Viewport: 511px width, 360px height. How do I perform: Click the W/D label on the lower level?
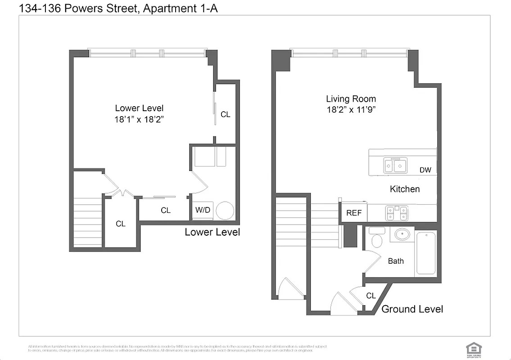click(x=203, y=210)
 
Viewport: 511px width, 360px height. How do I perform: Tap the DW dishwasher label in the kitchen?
click(x=425, y=170)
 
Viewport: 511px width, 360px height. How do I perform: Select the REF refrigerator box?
click(x=354, y=213)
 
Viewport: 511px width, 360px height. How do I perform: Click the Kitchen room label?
click(x=404, y=189)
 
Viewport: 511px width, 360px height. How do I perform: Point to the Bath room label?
click(x=396, y=261)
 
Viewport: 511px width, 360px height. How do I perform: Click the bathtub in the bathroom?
click(x=426, y=252)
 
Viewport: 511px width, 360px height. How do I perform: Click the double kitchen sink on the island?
click(x=395, y=165)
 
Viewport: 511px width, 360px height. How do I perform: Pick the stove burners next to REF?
click(x=397, y=213)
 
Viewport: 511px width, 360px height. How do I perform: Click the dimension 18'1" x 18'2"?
click(x=139, y=120)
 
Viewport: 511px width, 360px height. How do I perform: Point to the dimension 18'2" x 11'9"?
click(x=351, y=110)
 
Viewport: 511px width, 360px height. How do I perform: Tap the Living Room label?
click(x=351, y=99)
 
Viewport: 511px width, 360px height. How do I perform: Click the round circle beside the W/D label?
click(x=225, y=210)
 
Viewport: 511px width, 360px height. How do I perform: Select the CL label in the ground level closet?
click(x=371, y=296)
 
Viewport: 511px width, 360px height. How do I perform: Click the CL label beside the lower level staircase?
click(x=121, y=224)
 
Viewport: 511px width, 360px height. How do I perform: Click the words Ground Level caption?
click(x=412, y=309)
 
